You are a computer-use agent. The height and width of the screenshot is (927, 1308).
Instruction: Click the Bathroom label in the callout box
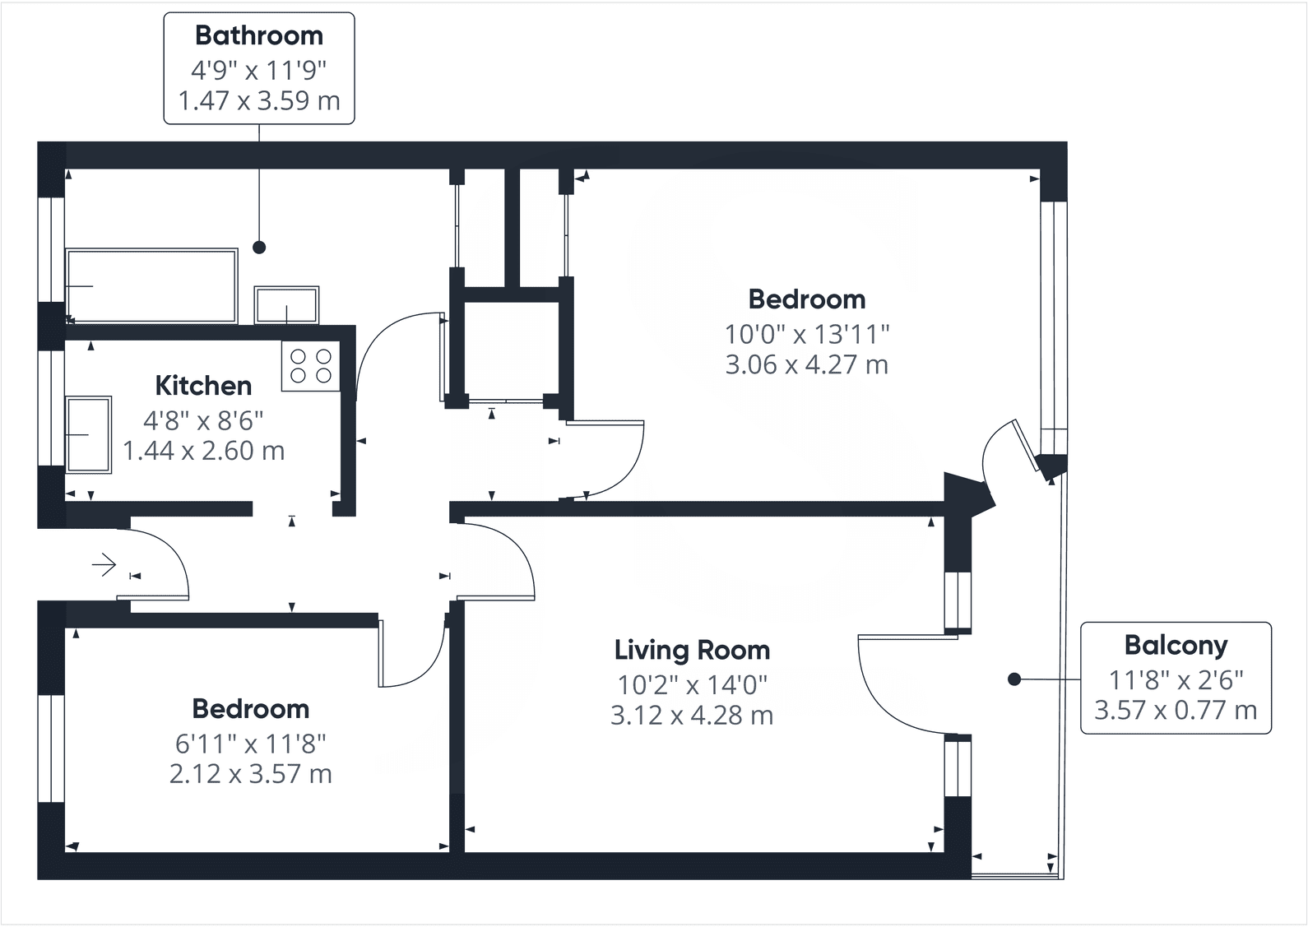click(258, 35)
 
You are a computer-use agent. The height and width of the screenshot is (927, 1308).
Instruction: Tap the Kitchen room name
click(203, 386)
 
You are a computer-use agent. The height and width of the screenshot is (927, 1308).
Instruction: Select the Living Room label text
click(692, 651)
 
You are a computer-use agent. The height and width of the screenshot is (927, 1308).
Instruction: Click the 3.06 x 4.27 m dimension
click(807, 365)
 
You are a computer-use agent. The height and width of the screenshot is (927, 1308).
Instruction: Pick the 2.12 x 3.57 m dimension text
click(251, 774)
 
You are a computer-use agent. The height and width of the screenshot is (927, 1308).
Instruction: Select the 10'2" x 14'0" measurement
click(692, 685)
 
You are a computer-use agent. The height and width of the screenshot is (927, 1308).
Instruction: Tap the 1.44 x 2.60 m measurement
click(203, 451)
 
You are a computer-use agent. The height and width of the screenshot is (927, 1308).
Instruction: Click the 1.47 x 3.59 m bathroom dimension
click(258, 100)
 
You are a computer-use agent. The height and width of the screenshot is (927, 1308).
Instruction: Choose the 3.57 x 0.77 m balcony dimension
click(1176, 711)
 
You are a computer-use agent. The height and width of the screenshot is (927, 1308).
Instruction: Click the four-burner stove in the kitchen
click(311, 366)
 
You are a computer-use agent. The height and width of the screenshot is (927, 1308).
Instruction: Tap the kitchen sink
click(88, 435)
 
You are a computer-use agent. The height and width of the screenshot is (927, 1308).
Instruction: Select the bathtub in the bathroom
click(151, 286)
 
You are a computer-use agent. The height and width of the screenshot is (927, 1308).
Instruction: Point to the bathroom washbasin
click(287, 304)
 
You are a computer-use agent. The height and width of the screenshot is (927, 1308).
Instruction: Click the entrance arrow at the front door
click(104, 564)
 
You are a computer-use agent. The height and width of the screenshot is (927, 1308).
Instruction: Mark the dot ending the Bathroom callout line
click(259, 248)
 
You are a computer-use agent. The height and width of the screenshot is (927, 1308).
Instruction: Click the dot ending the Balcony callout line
click(1014, 679)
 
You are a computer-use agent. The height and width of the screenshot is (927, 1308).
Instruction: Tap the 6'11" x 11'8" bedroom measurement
click(251, 744)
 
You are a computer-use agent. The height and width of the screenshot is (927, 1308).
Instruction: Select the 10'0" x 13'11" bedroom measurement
click(807, 335)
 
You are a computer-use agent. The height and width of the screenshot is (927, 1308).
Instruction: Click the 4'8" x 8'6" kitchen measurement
click(203, 420)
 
